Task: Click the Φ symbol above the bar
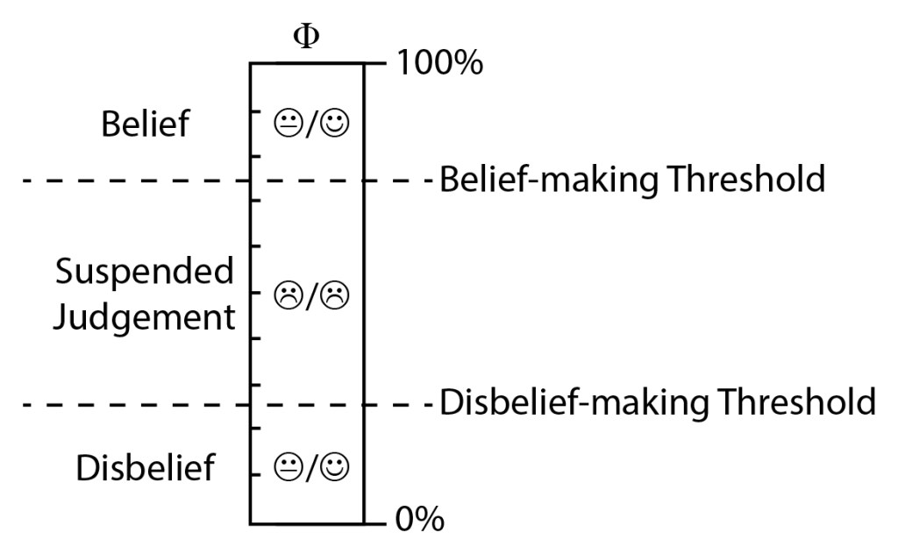coord(305,39)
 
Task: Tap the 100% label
coord(439,64)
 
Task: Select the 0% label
coord(420,521)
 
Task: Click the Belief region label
coord(145,125)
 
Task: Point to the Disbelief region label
coord(145,468)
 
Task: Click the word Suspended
coord(145,272)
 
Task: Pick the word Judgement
coord(145,316)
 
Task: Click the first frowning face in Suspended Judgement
coord(286,294)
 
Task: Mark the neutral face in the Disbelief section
coord(286,465)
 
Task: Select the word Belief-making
coord(548,180)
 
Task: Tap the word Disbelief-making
coord(573,402)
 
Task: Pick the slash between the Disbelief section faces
coord(311,465)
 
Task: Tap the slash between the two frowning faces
coord(311,294)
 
